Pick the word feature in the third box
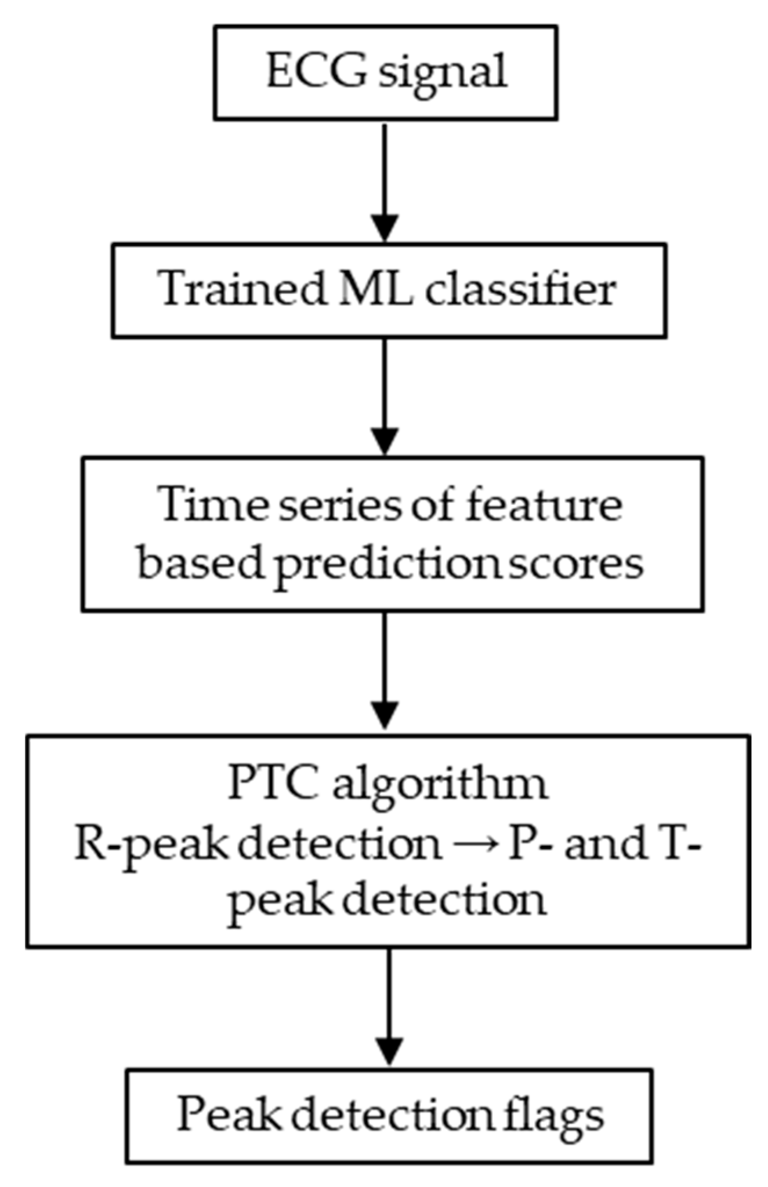[x=544, y=504]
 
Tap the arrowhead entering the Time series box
[x=385, y=440]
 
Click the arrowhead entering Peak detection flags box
[x=389, y=1049]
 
